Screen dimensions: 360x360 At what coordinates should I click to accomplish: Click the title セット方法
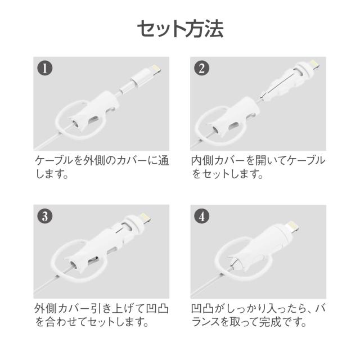coord(180,29)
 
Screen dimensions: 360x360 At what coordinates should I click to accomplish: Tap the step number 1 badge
coord(45,68)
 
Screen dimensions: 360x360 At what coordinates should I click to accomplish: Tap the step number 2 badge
coord(201,68)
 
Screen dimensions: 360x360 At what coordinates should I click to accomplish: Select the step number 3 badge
coord(45,216)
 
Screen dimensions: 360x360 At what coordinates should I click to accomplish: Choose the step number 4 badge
coord(201,216)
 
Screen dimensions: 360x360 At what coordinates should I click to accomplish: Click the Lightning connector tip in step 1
coord(156,69)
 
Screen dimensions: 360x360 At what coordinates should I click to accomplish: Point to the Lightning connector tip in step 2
coord(314,64)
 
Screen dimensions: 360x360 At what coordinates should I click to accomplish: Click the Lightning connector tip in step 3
coord(146,217)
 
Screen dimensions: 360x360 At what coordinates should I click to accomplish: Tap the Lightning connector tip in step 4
coord(294,226)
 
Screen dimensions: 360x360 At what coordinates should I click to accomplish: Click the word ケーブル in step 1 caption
coord(54,160)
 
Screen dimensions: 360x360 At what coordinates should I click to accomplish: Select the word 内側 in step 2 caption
coord(202,160)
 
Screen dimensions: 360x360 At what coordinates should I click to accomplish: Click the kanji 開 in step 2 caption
coord(262,160)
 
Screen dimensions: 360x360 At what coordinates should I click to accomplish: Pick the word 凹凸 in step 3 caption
coord(157,308)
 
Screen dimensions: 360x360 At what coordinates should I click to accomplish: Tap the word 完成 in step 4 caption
coord(270,322)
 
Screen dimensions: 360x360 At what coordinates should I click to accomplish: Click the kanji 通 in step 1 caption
coord(164,160)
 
